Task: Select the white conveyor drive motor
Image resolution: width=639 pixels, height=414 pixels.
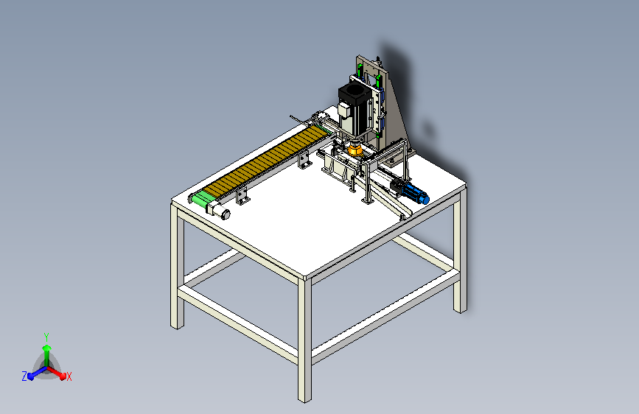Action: [219, 211]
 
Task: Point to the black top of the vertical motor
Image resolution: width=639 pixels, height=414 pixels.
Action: [355, 95]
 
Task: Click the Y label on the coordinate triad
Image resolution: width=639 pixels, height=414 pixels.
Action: [46, 337]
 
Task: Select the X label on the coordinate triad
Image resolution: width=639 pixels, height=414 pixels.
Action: [69, 377]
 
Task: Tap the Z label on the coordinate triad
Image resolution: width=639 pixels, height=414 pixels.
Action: [24, 376]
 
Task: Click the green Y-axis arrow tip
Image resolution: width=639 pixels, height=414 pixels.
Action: [47, 348]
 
